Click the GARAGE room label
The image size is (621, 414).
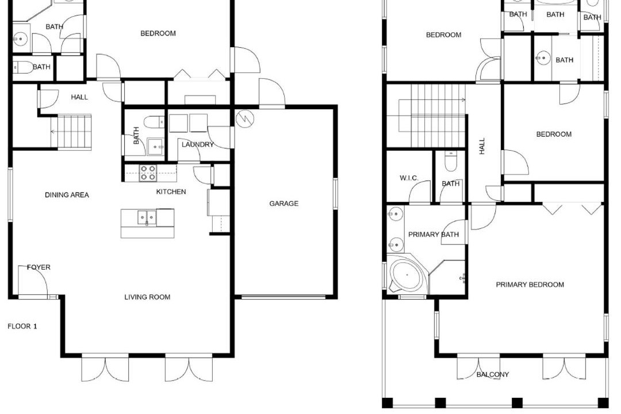(x=283, y=204)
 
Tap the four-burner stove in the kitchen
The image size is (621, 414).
(x=147, y=173)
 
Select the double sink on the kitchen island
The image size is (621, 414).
(x=147, y=217)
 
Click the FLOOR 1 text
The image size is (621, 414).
(x=22, y=327)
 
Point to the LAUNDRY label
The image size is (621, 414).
(x=198, y=144)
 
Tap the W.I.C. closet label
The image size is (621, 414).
(x=409, y=178)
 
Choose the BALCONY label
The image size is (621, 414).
(x=493, y=374)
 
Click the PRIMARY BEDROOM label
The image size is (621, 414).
(x=530, y=285)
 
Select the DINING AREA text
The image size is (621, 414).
(x=67, y=195)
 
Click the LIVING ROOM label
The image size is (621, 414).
(x=147, y=297)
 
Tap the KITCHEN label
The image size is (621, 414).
(x=171, y=191)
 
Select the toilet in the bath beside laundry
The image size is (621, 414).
(x=154, y=122)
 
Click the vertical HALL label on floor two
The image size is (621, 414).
(x=482, y=146)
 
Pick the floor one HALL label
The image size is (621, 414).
(x=79, y=97)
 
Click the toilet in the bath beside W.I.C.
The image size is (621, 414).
(x=451, y=161)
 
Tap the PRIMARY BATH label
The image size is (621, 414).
(x=434, y=235)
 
